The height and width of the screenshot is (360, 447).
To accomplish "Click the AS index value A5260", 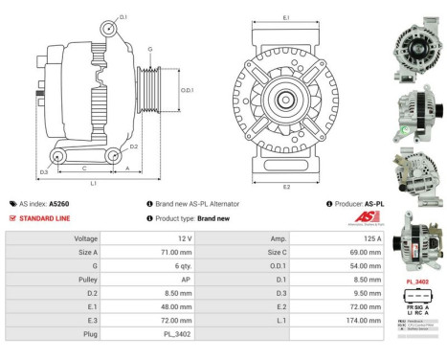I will click(x=57, y=203).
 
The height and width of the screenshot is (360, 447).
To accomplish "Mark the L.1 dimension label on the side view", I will click(x=93, y=182).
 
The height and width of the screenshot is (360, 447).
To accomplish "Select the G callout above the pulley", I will click(x=149, y=49).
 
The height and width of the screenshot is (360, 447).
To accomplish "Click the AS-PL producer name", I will click(x=380, y=204).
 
